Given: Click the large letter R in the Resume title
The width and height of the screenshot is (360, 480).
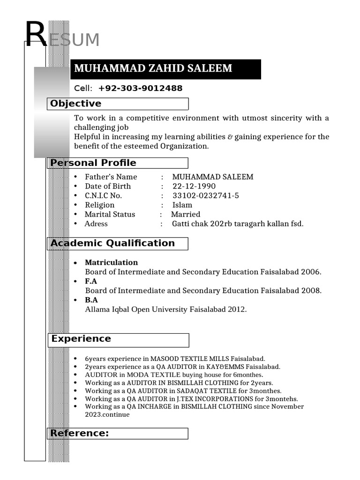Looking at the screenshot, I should (x=36, y=36).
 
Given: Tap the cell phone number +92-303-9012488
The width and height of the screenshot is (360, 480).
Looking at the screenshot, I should (x=140, y=89).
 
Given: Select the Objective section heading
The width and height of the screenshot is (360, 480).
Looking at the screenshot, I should (x=76, y=104).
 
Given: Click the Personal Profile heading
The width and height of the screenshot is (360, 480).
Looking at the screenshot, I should (x=93, y=163).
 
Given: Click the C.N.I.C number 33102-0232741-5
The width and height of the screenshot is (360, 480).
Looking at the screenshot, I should (x=205, y=195).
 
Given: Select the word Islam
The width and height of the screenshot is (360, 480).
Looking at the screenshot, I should (x=182, y=205).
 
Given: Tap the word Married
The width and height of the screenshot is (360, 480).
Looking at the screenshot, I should (x=185, y=214).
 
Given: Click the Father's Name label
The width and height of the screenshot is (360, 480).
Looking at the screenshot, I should (x=111, y=177).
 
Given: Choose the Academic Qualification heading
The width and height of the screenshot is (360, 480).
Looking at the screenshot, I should (x=112, y=243).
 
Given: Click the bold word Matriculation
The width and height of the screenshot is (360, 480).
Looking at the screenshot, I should (x=111, y=262).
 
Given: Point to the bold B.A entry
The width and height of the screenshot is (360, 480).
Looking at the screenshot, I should (x=91, y=300).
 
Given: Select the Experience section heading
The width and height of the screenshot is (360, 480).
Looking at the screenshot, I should (x=81, y=338).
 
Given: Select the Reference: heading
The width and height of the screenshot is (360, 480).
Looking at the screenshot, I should (x=80, y=433).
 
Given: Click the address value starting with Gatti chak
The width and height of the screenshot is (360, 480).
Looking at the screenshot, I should (x=238, y=224).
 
